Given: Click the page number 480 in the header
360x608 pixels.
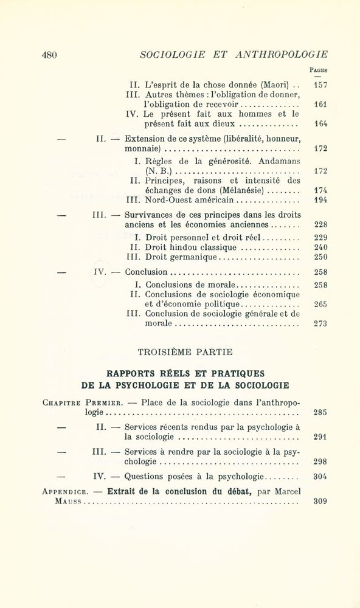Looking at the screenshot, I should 49,55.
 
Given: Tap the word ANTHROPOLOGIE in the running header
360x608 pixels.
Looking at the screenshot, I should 281,55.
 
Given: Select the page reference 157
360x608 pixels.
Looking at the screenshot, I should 320,85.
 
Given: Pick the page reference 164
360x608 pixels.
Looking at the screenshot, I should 320,123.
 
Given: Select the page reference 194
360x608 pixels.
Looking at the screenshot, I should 320,199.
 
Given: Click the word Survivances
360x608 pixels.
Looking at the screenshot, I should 151,215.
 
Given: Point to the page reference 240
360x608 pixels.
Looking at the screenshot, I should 320,247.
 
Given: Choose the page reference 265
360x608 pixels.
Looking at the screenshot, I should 320,304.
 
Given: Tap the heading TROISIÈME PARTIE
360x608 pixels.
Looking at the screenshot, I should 185,351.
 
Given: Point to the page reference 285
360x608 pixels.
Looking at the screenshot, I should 320,412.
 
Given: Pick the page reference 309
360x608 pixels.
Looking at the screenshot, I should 320,502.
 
